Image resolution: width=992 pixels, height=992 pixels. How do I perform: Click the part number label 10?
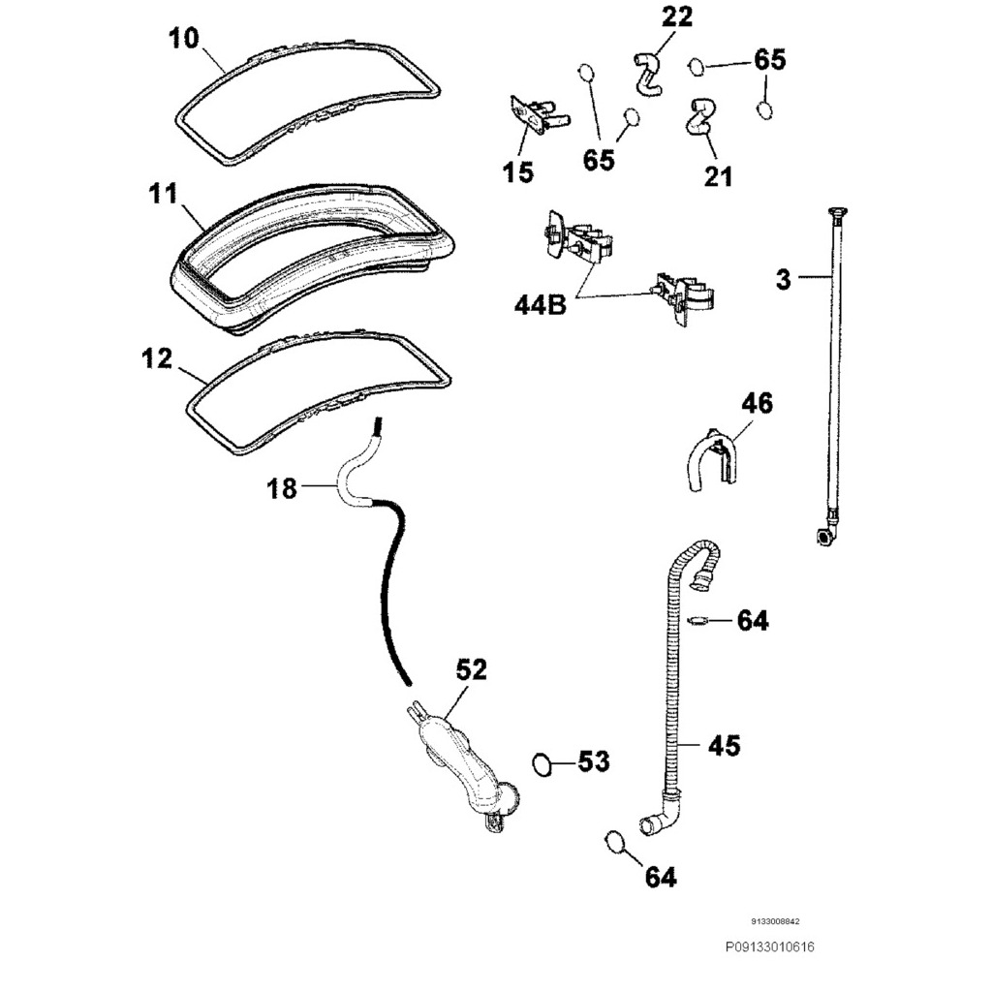[x=183, y=39]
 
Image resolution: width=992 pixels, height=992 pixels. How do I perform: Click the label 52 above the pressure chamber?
[x=471, y=669]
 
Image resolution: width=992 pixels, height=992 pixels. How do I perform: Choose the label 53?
[x=593, y=762]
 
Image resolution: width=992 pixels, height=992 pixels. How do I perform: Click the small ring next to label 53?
[x=545, y=764]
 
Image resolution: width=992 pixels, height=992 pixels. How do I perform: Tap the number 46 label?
[x=757, y=403]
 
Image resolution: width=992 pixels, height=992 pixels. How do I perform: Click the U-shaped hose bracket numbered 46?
[x=712, y=462]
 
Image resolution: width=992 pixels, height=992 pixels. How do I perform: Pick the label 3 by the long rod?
[x=783, y=280]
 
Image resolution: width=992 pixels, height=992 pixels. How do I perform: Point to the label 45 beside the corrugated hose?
[x=724, y=745]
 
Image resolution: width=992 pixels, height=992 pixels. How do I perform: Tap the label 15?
[x=518, y=172]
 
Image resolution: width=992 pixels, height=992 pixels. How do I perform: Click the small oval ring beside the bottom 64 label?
[x=613, y=841]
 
